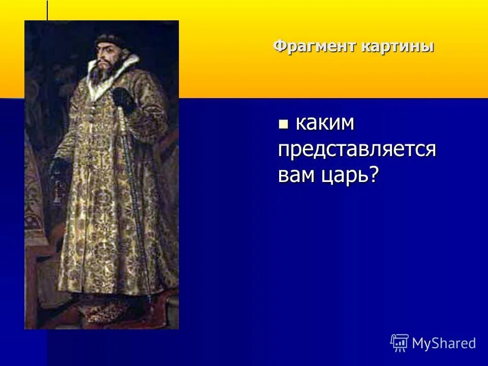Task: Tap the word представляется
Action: (357, 149)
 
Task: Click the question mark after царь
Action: (375, 175)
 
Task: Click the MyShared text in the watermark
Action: (444, 343)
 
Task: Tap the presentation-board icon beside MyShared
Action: (400, 343)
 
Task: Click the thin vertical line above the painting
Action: (47, 10)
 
